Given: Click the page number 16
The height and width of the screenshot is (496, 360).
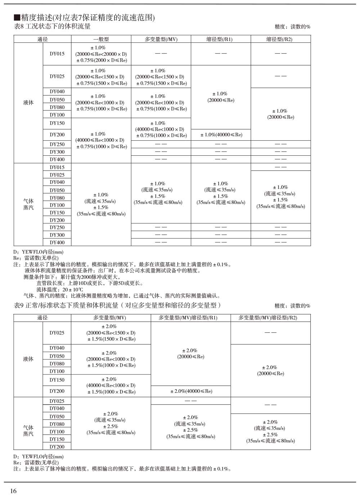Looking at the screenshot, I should click(13, 491).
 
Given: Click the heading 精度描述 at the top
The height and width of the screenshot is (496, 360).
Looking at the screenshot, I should click(84, 17).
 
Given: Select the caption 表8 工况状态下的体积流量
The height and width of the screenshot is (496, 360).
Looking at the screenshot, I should click(52, 26).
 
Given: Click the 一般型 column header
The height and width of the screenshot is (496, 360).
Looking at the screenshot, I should click(101, 39).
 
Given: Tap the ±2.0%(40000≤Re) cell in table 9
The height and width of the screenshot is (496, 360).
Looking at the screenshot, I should click(191, 391).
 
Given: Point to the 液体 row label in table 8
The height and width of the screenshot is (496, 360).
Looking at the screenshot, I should click(28, 103).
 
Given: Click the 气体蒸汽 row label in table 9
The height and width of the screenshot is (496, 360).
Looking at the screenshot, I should click(28, 431).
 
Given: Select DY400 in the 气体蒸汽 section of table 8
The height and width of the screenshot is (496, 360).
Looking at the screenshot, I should click(57, 242).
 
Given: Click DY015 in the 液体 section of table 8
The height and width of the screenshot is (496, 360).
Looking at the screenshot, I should click(57, 54).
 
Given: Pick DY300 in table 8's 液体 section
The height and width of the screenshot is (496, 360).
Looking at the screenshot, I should click(57, 152).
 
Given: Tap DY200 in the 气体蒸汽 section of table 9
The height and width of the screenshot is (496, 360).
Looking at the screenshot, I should click(57, 447).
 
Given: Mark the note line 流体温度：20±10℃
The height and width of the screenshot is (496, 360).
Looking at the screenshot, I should click(60, 290).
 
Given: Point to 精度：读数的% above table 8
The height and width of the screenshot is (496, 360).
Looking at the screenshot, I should click(292, 27).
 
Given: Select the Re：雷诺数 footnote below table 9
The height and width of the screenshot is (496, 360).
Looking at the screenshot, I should click(36, 463).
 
